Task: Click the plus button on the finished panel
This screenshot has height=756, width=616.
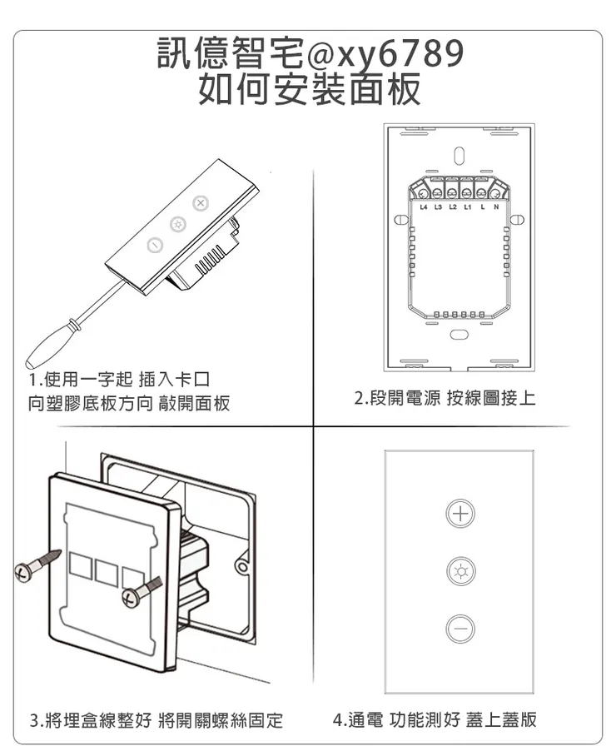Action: pyautogui.click(x=459, y=513)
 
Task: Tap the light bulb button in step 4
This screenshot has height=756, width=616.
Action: pyautogui.click(x=459, y=570)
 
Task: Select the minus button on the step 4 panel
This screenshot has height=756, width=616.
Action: pyautogui.click(x=459, y=628)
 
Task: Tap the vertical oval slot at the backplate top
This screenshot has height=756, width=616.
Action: pyautogui.click(x=459, y=155)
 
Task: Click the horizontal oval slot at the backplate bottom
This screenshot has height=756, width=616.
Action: pyautogui.click(x=459, y=334)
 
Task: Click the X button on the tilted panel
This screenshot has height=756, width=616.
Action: pyautogui.click(x=199, y=204)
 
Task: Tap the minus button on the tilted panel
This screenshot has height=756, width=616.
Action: pyautogui.click(x=154, y=246)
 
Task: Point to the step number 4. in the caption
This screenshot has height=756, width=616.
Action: pyautogui.click(x=339, y=719)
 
